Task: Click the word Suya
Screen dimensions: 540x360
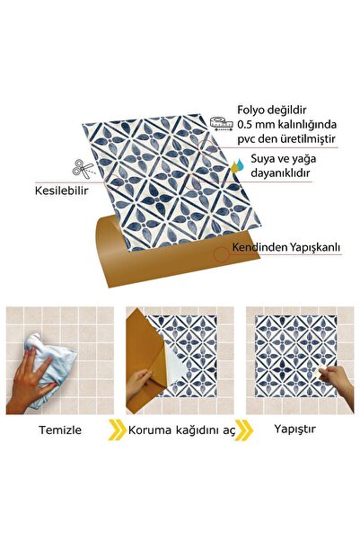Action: click(x=262, y=159)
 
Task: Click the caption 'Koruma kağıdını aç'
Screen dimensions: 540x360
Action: click(x=180, y=429)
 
